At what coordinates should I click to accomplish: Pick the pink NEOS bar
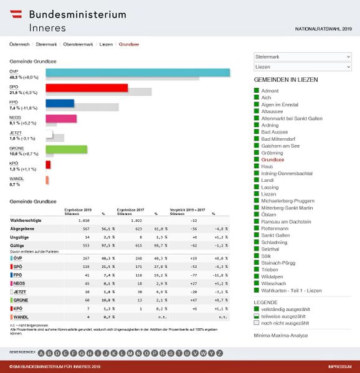[61, 118]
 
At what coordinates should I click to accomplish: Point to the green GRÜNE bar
[66, 149]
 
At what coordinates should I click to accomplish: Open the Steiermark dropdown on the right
[303, 57]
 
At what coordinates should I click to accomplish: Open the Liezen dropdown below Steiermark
[303, 67]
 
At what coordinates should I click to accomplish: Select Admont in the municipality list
[270, 91]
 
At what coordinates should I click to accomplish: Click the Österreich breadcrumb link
[19, 45]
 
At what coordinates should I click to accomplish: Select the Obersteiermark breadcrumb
[78, 45]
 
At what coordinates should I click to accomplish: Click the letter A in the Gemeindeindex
[41, 353]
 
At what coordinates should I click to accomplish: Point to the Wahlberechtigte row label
[27, 220]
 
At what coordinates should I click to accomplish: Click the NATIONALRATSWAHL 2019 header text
[323, 29]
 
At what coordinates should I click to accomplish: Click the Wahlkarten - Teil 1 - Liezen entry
[291, 290]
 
